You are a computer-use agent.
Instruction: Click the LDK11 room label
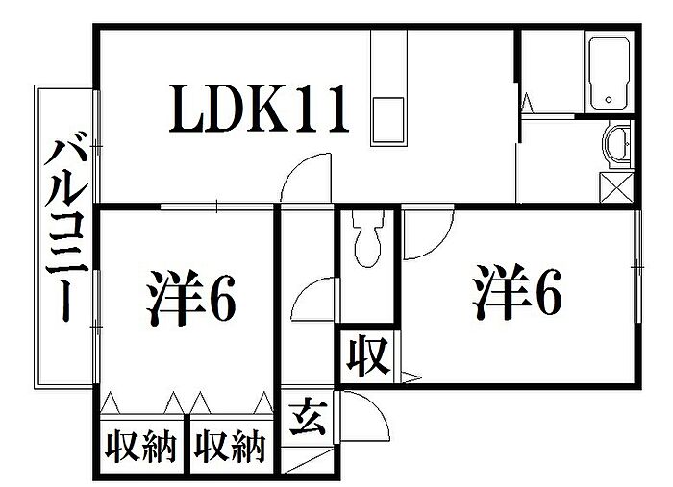(259, 108)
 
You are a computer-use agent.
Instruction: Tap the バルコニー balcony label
(67, 231)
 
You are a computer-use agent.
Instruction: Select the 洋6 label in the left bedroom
(190, 298)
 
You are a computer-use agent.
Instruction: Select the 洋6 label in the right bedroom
(516, 291)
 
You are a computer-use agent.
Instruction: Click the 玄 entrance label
(308, 416)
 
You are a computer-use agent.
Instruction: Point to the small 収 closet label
(369, 356)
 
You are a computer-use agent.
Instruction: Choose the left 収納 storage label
(141, 448)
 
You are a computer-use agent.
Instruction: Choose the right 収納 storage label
(230, 448)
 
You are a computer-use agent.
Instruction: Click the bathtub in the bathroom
(609, 74)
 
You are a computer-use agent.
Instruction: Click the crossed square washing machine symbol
(616, 187)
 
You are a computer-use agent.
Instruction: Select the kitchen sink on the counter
(388, 120)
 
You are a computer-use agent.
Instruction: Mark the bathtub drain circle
(609, 100)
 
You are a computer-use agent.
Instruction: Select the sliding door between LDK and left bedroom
(217, 207)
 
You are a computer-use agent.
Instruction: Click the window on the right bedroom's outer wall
(638, 267)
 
